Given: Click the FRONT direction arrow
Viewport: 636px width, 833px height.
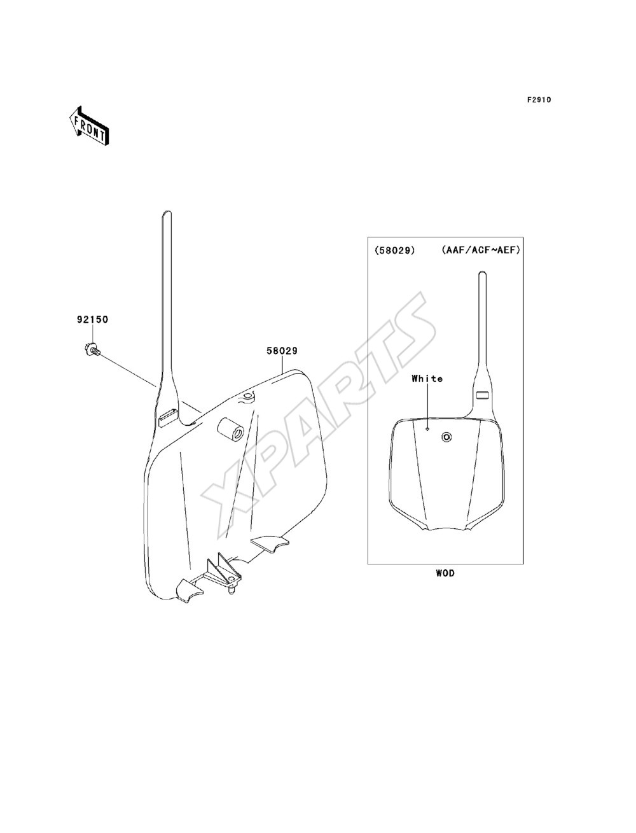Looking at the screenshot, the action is [89, 125].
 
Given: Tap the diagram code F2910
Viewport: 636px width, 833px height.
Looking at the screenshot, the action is [539, 100].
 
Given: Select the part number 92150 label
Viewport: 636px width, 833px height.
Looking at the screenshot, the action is [92, 319].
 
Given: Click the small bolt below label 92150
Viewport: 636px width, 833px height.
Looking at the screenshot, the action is [92, 349].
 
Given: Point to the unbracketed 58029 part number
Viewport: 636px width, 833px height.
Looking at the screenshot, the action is [282, 351].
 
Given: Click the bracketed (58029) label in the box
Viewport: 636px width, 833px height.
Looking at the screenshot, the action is [395, 251].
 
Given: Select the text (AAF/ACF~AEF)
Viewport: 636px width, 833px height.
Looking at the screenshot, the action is [481, 250].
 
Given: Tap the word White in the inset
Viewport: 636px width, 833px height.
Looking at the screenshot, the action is [427, 379].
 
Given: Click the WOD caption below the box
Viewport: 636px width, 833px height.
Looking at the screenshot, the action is [445, 573].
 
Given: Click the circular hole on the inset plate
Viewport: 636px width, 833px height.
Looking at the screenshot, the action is [446, 437].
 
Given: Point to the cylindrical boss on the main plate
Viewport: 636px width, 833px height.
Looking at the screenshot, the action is [231, 428].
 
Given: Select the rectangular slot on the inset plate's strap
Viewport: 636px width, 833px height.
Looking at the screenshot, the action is [483, 395].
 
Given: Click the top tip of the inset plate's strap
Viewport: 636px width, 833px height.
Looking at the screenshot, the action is [482, 272].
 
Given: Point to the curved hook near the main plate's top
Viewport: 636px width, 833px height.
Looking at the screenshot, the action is [247, 397].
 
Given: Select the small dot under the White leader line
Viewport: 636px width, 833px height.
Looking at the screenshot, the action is [427, 429].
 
